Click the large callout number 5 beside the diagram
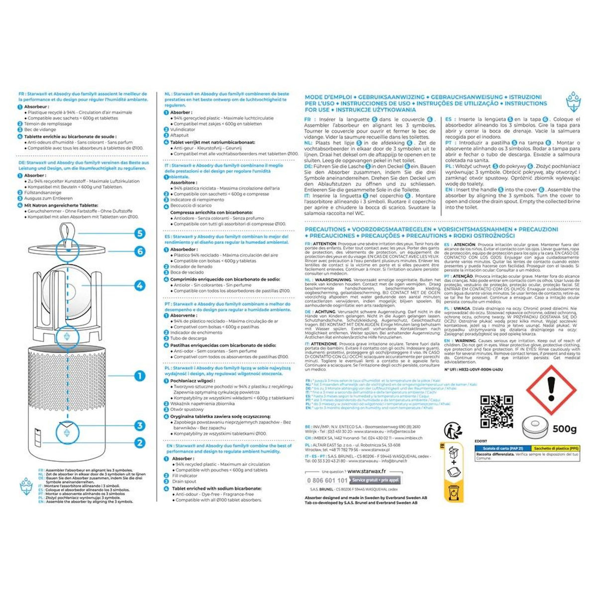[x=140, y=233]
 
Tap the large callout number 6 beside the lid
[x=140, y=252]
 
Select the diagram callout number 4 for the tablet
[x=140, y=286]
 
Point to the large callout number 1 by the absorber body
[x=140, y=376]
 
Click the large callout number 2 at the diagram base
[x=140, y=442]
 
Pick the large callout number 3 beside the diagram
[x=140, y=425]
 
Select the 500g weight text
[x=564, y=429]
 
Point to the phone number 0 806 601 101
[x=327, y=481]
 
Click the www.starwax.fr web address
[x=369, y=471]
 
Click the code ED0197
[x=480, y=441]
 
